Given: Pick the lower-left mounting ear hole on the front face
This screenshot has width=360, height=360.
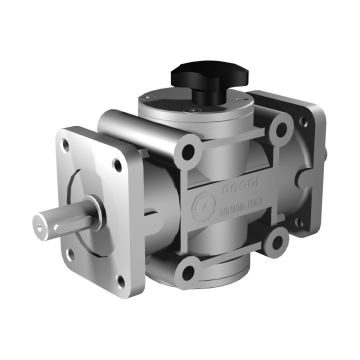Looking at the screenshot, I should (x=186, y=265).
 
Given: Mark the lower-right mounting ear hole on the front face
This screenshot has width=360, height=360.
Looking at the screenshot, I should (x=271, y=239).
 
